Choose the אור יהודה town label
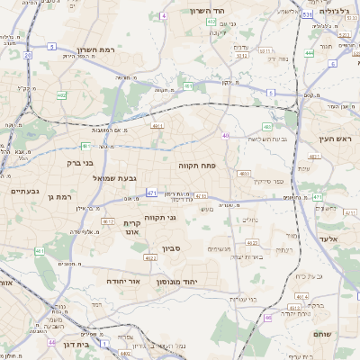[x=125, y=282]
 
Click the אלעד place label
[x=328, y=238]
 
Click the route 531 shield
[x=308, y=15]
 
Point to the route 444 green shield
[x=309, y=53]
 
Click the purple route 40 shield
[x=226, y=136]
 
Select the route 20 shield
[x=28, y=55]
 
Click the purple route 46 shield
[x=267, y=317]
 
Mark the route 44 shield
[x=51, y=343]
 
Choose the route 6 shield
[x=332, y=64]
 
